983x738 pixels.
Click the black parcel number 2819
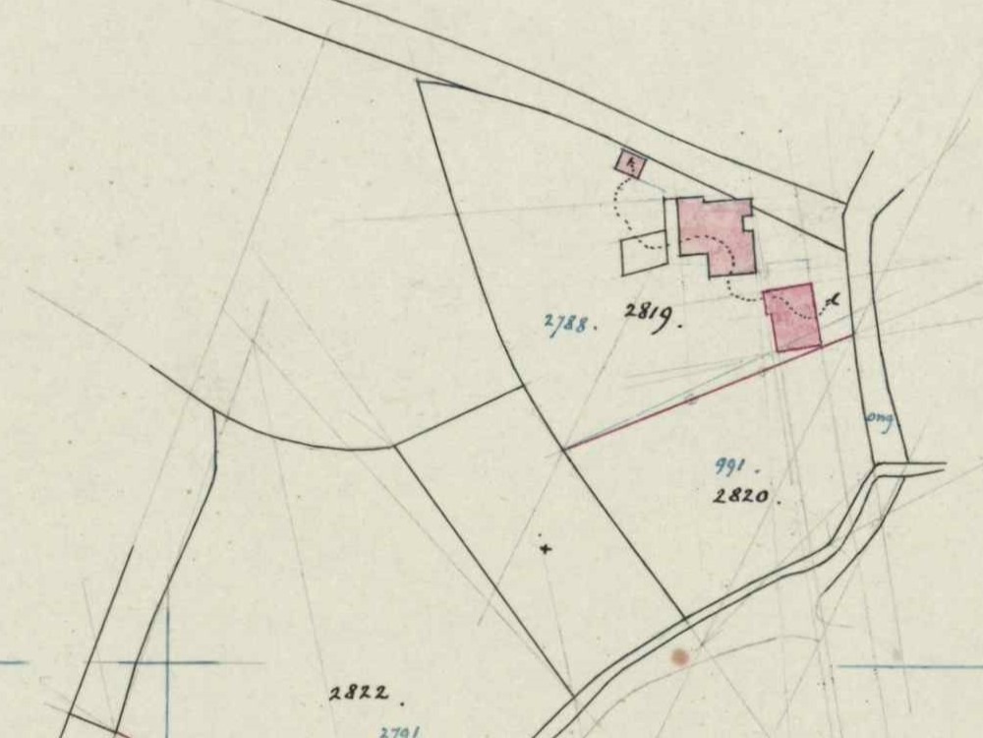[x=650, y=315]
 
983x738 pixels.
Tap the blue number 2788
[x=567, y=323]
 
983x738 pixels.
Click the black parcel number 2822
[x=358, y=693]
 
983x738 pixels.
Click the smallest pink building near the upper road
[x=630, y=163]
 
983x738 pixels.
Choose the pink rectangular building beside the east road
[x=792, y=317]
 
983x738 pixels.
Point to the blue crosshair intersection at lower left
[x=167, y=662]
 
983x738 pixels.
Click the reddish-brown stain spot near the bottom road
[x=679, y=656]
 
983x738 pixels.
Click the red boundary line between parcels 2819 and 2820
[x=708, y=393]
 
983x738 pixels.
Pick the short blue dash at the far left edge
[x=12, y=662]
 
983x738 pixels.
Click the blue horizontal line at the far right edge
[x=909, y=667]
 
